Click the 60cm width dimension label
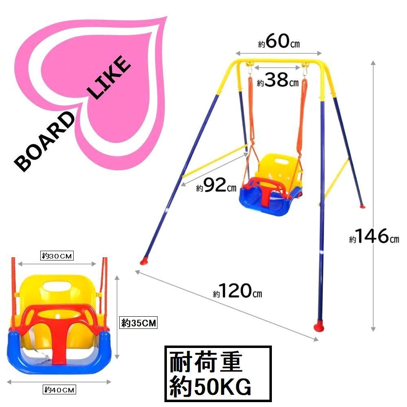coord(279,42)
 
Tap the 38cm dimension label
coord(278,80)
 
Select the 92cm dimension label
coord(216,185)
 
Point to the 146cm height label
coord(374,236)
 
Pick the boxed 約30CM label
coord(57,256)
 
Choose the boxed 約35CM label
coord(138,323)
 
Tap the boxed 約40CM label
coord(59,389)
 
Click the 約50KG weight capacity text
coord(210,386)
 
